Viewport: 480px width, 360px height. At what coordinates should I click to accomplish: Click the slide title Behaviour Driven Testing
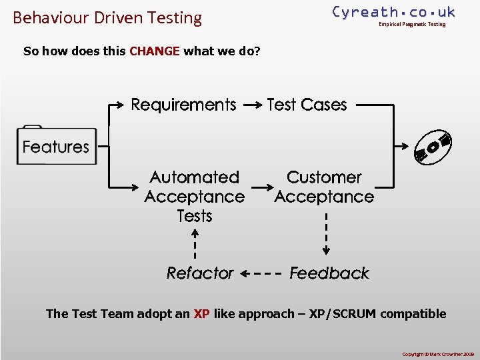(x=107, y=18)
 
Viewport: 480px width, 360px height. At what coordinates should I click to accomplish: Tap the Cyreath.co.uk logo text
(x=393, y=12)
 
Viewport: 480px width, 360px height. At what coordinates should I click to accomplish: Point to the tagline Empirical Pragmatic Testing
(x=411, y=25)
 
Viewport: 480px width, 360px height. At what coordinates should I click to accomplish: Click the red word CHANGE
(x=155, y=51)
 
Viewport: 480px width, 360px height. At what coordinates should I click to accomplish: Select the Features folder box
(x=57, y=146)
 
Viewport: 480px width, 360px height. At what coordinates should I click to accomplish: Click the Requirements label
(x=183, y=105)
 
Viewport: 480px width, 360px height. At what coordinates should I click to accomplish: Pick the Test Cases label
(x=307, y=105)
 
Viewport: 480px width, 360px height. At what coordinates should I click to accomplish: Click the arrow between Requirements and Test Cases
(x=251, y=105)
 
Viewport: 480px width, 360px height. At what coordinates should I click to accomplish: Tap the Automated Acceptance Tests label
(x=194, y=197)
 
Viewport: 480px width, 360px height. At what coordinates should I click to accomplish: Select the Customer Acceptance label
(x=324, y=187)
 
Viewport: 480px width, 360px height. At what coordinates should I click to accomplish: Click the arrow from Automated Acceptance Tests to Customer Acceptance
(x=260, y=187)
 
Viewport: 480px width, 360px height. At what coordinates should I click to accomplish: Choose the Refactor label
(x=200, y=273)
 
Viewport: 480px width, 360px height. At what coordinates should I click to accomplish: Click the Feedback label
(x=329, y=273)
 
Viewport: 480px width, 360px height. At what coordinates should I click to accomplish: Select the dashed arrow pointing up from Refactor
(x=195, y=243)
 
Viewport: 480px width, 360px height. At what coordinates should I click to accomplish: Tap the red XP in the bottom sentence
(x=201, y=314)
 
